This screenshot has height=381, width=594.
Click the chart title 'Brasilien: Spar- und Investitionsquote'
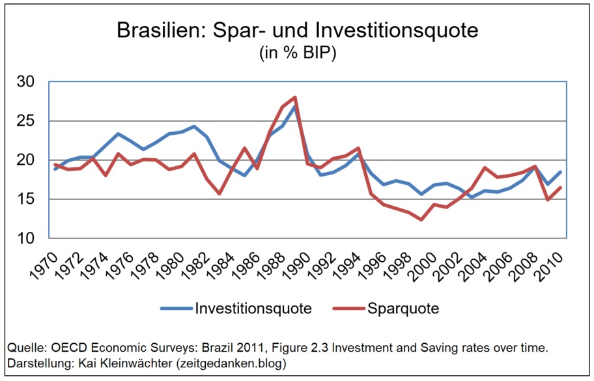click(x=297, y=30)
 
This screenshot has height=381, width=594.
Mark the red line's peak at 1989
click(x=296, y=98)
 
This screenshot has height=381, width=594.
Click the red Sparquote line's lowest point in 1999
click(x=422, y=219)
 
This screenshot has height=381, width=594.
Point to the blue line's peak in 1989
click(x=296, y=106)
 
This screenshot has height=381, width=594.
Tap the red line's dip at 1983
click(x=219, y=193)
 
